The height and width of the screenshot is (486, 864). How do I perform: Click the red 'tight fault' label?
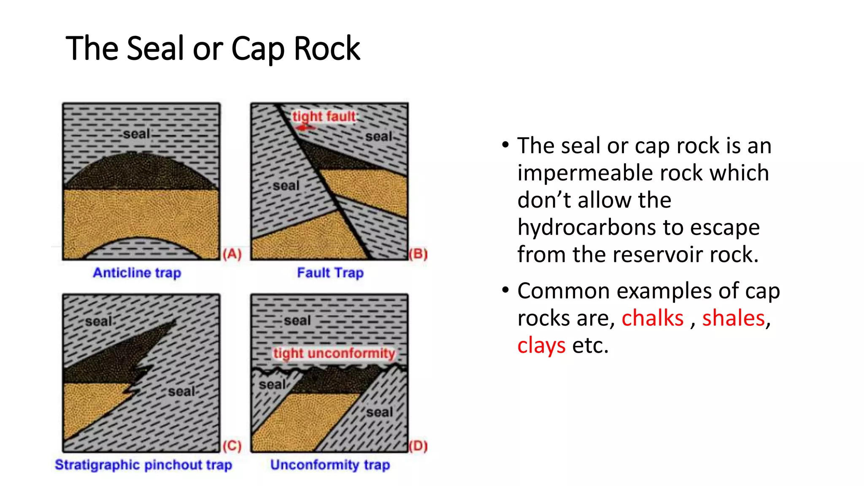(324, 116)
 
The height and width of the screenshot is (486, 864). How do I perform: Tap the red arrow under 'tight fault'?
(305, 127)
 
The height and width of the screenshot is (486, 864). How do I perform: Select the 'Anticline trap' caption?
(137, 273)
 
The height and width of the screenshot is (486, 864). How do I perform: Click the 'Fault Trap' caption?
(330, 273)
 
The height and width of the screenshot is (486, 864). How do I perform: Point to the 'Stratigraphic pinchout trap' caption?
(143, 464)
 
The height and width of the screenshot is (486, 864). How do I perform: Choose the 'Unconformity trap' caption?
(330, 464)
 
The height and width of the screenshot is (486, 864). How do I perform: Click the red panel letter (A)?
(232, 254)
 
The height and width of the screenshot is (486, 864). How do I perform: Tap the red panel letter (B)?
(418, 254)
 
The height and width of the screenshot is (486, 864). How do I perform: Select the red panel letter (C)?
(232, 446)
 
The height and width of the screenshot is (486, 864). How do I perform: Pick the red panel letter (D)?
(418, 446)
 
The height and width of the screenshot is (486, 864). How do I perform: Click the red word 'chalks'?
(652, 318)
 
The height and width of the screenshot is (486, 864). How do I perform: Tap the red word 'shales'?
(733, 318)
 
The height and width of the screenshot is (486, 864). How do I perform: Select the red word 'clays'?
(541, 346)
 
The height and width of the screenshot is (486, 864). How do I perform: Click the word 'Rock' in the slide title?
(327, 49)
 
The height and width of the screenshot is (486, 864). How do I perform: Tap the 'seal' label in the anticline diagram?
(137, 134)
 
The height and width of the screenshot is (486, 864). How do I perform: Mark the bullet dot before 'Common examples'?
(505, 290)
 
